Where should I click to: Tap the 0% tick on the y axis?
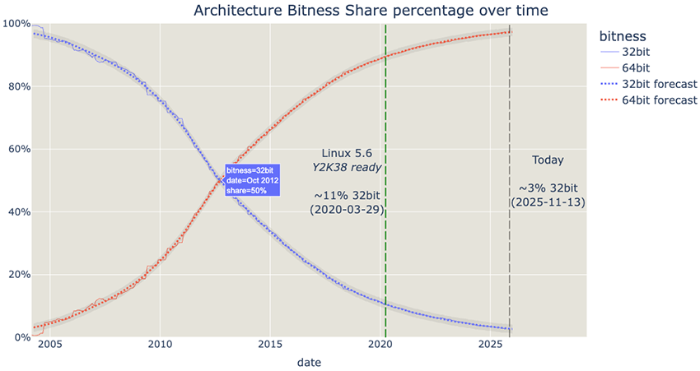(x=20, y=337)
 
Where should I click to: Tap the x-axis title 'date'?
(x=310, y=361)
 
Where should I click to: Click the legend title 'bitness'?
(x=622, y=36)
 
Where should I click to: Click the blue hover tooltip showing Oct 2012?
(x=253, y=179)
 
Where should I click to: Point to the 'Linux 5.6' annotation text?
(x=347, y=153)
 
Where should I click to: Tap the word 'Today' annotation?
(x=548, y=160)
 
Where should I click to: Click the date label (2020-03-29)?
(x=346, y=211)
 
